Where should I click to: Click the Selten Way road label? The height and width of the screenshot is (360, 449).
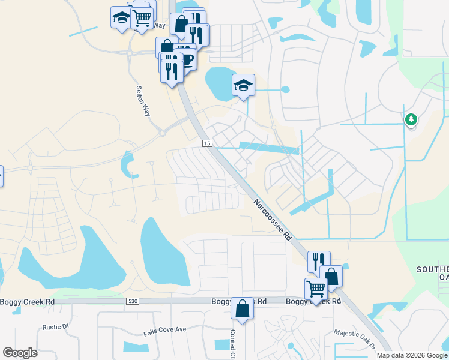(x=143, y=97)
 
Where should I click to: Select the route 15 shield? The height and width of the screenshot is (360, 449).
(x=207, y=143)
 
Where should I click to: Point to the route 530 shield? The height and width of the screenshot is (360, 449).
(x=133, y=301)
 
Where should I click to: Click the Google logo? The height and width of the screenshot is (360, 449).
(x=20, y=353)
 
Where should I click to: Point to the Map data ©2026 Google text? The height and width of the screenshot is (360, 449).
(x=412, y=355)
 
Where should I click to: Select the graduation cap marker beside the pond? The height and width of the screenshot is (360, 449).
(x=244, y=85)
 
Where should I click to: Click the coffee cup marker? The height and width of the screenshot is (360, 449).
(x=187, y=58)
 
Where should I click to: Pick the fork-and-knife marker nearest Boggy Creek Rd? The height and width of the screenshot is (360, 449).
(x=318, y=261)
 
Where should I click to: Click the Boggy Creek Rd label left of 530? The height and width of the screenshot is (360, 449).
(x=28, y=301)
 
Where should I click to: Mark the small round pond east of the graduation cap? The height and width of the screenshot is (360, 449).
(x=285, y=90)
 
